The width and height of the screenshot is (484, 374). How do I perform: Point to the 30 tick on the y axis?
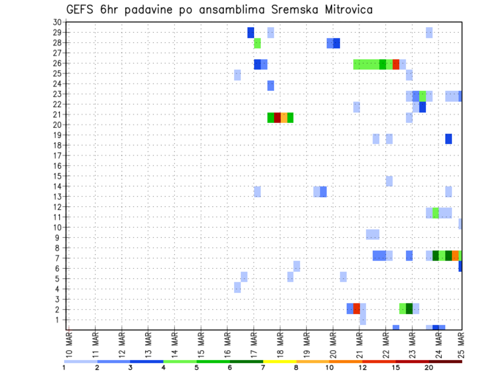tap(57, 22)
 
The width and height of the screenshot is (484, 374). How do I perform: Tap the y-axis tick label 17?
tap(57, 155)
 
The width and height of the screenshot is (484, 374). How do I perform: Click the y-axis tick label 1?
tap(59, 320)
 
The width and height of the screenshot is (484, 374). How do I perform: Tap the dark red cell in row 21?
tap(277, 117)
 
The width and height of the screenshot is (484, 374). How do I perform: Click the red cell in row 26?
tap(396, 64)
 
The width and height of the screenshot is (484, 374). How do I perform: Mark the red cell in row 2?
tap(356, 308)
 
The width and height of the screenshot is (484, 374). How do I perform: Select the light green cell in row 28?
tap(257, 43)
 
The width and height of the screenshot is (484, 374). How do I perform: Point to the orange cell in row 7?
tap(455, 256)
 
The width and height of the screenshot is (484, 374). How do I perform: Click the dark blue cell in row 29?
tap(251, 33)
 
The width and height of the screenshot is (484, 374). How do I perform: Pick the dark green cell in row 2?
tap(409, 308)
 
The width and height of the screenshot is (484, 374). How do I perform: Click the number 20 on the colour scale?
tap(429, 368)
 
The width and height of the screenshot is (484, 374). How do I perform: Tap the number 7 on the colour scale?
tap(263, 368)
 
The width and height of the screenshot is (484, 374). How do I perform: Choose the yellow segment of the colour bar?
tap(280, 361)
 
